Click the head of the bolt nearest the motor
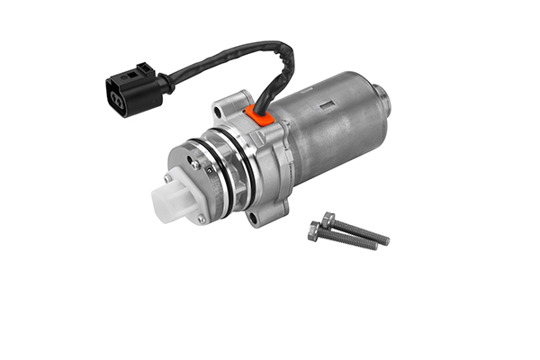(328, 220)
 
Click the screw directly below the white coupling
(202, 219)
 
